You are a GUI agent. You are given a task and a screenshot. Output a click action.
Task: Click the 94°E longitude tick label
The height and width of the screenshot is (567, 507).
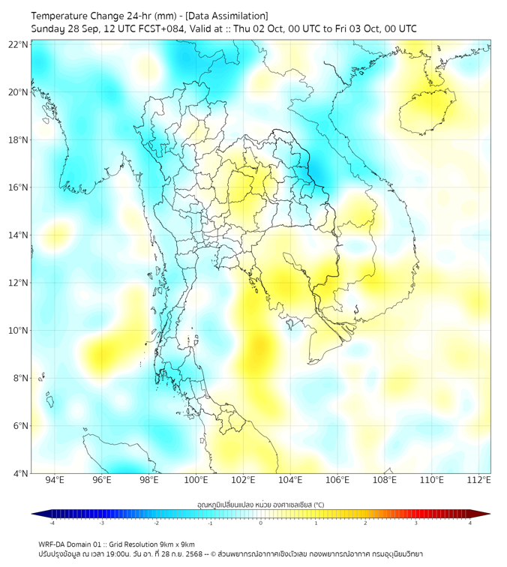pos(55,480)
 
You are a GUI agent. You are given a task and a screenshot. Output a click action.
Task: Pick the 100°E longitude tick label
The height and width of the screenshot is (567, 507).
pos(196,480)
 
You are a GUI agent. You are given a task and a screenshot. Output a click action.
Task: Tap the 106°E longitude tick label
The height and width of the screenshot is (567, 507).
pos(338,480)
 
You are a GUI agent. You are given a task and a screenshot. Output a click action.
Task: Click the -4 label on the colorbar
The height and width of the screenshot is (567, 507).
pos(52,523)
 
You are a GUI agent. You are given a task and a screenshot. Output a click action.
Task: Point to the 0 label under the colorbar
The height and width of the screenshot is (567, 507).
pos(261,523)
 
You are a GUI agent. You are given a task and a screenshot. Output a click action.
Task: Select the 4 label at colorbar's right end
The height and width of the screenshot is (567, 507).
pos(469,523)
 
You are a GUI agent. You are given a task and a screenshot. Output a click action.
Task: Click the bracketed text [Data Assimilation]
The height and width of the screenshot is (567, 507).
pos(223,16)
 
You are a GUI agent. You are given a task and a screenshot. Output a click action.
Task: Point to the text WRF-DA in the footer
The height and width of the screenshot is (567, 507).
pos(53,544)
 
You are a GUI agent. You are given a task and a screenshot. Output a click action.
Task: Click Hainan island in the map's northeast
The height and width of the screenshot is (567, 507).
pos(428,112)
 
